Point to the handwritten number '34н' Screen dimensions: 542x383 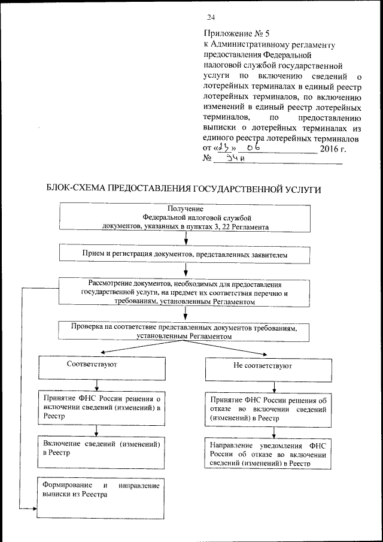point(233,159)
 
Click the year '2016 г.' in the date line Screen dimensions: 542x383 point(333,148)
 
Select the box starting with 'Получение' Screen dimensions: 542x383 point(185,217)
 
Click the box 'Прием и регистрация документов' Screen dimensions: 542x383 point(185,255)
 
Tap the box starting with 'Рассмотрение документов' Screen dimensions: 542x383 point(185,292)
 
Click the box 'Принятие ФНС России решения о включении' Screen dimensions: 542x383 point(101,407)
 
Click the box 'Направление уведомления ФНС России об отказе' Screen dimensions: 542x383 point(268,453)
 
